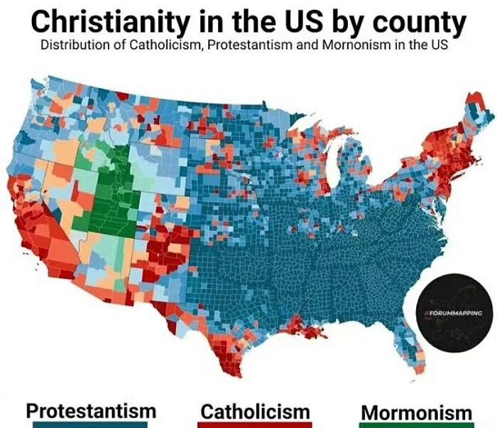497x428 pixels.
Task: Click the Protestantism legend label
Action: tap(91, 410)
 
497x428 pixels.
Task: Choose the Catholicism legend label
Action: tap(256, 411)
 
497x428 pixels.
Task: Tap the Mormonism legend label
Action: tap(416, 412)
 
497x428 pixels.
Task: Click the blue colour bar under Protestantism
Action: tap(91, 425)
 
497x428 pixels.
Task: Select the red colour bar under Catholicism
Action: tap(256, 425)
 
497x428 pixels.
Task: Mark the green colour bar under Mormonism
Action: tap(416, 425)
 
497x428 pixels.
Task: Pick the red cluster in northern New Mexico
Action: tap(169, 245)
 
